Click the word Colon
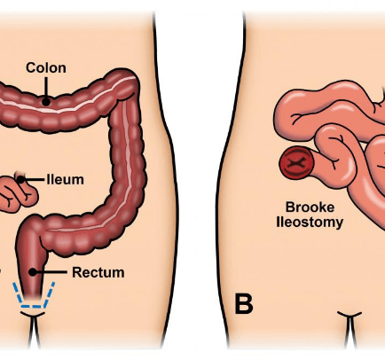(46, 67)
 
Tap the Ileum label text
(65, 180)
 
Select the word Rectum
(98, 272)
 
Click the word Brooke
(310, 207)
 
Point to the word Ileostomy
(310, 223)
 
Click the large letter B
(244, 303)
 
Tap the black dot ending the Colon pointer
(46, 102)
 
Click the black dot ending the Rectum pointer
(33, 272)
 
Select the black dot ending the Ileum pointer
(21, 179)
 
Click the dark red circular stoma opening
(296, 163)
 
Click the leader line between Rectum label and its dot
(51, 272)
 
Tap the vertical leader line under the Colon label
(46, 88)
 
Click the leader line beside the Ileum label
(34, 179)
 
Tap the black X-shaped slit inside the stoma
(295, 162)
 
